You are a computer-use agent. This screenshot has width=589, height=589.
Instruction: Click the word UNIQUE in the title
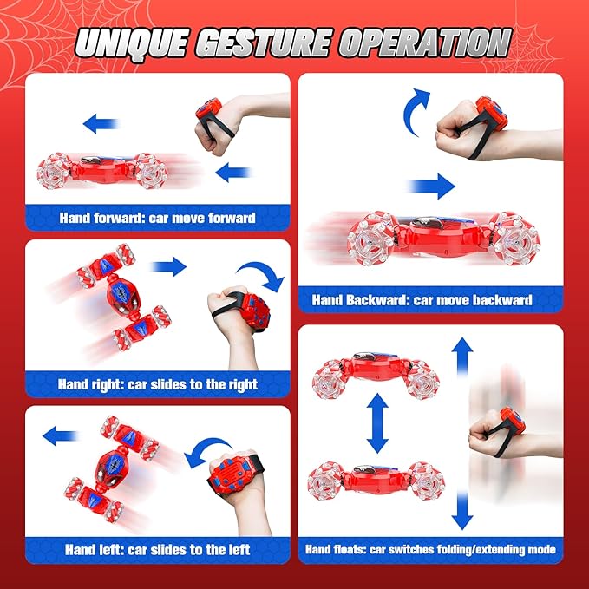click(x=132, y=43)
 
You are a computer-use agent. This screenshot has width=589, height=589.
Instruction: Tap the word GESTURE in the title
click(x=264, y=43)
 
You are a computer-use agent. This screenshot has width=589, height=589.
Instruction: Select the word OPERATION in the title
click(x=425, y=43)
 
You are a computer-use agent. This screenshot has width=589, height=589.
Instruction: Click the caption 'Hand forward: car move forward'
click(x=157, y=218)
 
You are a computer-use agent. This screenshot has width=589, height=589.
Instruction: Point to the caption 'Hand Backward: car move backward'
click(x=422, y=300)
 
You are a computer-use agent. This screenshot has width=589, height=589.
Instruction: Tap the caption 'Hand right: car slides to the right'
click(x=157, y=384)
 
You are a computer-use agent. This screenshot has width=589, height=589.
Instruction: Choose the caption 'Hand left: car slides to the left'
click(x=157, y=550)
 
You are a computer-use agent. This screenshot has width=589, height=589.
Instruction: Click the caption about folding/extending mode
click(x=430, y=550)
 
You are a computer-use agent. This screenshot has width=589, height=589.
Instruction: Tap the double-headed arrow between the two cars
click(x=377, y=423)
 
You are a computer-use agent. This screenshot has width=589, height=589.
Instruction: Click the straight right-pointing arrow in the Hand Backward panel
click(x=432, y=186)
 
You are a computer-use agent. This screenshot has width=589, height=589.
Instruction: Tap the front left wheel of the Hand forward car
click(x=53, y=171)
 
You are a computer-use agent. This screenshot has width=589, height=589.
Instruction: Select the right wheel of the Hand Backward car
click(x=515, y=239)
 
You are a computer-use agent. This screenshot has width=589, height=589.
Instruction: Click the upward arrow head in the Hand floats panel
click(x=462, y=345)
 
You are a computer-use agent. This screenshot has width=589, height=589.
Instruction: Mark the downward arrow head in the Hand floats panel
click(x=462, y=521)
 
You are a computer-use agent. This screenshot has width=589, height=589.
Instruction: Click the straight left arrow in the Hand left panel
click(x=60, y=435)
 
